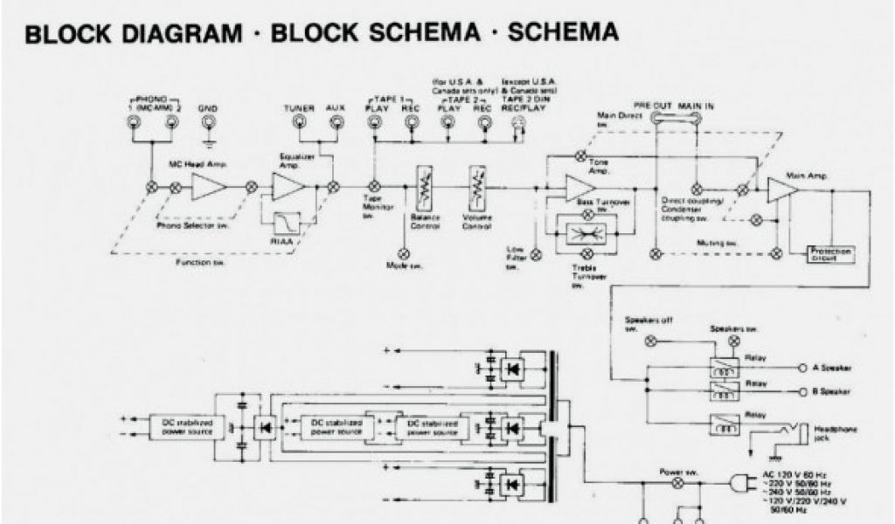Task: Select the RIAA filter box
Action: point(287,225)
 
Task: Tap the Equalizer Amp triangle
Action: point(287,186)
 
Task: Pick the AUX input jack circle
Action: point(336,122)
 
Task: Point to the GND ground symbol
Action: point(208,138)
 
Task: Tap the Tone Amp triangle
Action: point(578,186)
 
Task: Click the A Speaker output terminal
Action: point(803,368)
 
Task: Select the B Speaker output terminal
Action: point(803,390)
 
